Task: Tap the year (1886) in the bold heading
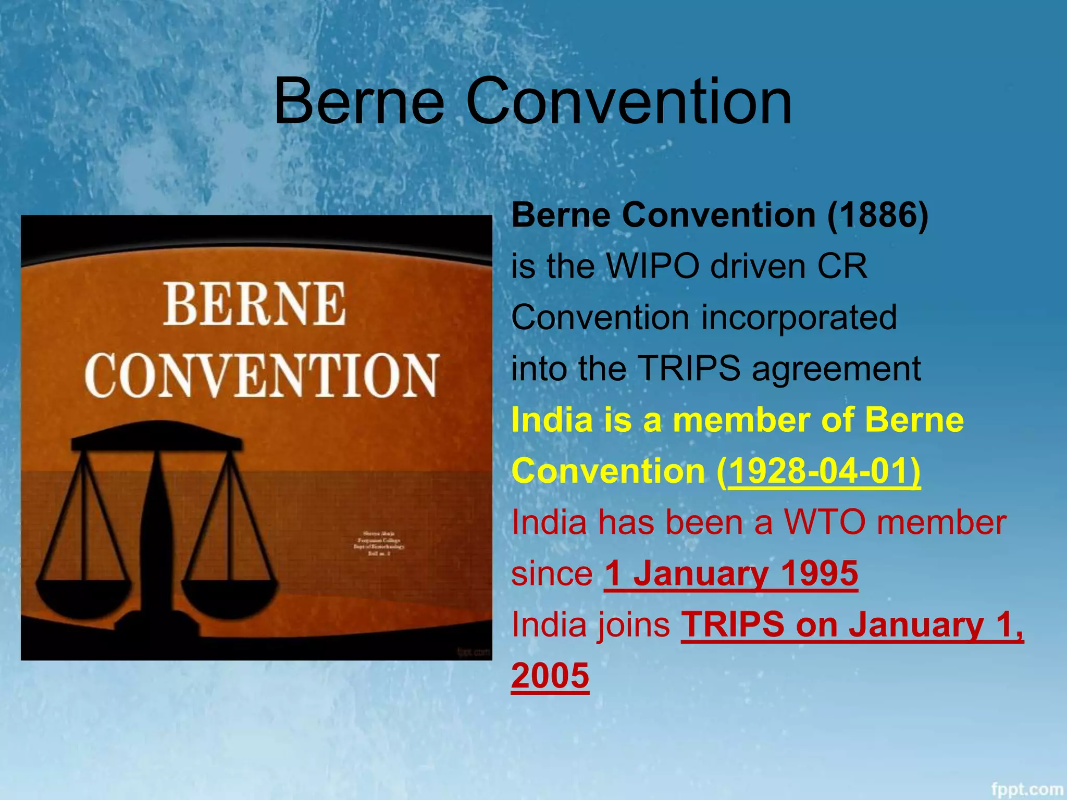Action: point(878,215)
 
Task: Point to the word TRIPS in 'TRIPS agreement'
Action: point(689,369)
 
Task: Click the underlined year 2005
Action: point(550,676)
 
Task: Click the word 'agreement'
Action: point(836,369)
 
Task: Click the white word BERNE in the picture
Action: point(255,304)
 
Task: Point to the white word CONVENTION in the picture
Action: point(261,375)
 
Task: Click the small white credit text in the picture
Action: point(379,543)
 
